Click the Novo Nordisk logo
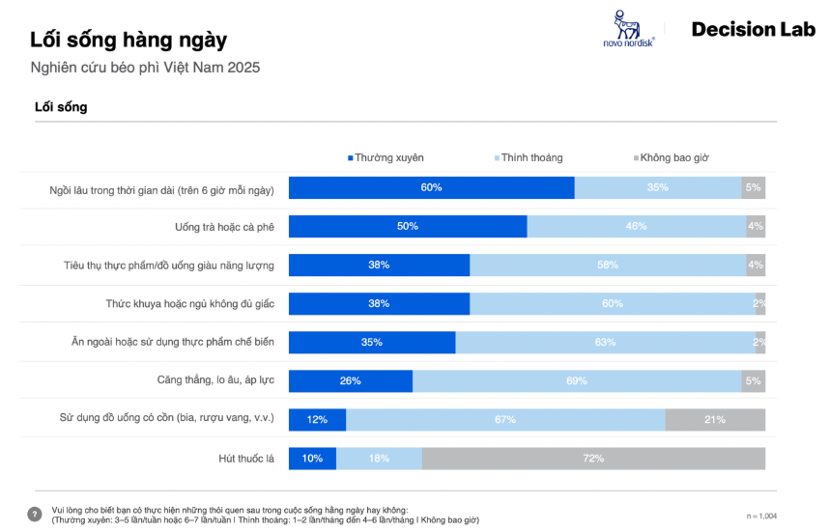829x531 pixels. (x=627, y=30)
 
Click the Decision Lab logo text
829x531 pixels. (x=753, y=30)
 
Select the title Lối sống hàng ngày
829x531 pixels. (x=129, y=41)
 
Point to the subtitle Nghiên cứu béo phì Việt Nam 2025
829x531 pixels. (x=145, y=69)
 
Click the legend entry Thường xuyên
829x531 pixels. (x=386, y=157)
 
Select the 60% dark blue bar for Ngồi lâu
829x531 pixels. (x=431, y=187)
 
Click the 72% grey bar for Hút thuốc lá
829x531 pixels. (x=592, y=458)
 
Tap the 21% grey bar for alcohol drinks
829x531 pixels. (x=715, y=419)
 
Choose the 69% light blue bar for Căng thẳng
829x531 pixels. (x=576, y=380)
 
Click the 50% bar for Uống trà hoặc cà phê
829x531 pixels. (x=408, y=226)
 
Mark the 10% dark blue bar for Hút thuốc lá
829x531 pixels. (x=312, y=458)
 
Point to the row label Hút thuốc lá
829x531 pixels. (x=247, y=458)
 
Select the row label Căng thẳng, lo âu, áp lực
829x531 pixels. (x=215, y=380)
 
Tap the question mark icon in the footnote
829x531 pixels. (x=35, y=514)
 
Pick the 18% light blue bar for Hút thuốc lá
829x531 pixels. (x=379, y=458)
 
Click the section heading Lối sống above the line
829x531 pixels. (x=61, y=107)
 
